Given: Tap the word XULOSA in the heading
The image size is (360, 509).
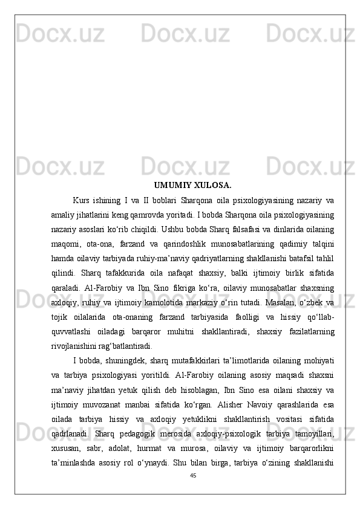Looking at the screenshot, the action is point(212,185).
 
